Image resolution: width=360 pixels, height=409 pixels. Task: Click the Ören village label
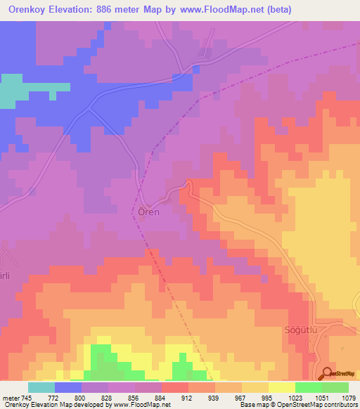[148, 212]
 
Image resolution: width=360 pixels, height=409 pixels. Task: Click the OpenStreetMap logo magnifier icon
[325, 373]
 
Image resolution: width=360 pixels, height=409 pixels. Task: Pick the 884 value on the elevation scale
[162, 397]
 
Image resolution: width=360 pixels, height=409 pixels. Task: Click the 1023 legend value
[295, 397]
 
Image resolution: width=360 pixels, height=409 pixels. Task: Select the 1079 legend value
[348, 397]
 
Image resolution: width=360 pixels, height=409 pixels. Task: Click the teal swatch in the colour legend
[41, 387]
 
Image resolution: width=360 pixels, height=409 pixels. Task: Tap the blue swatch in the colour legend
[68, 387]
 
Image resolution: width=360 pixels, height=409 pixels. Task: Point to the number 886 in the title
[120, 10]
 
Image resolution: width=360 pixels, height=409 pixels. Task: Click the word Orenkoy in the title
[32, 10]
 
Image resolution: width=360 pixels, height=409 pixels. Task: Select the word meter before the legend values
[11, 397]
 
